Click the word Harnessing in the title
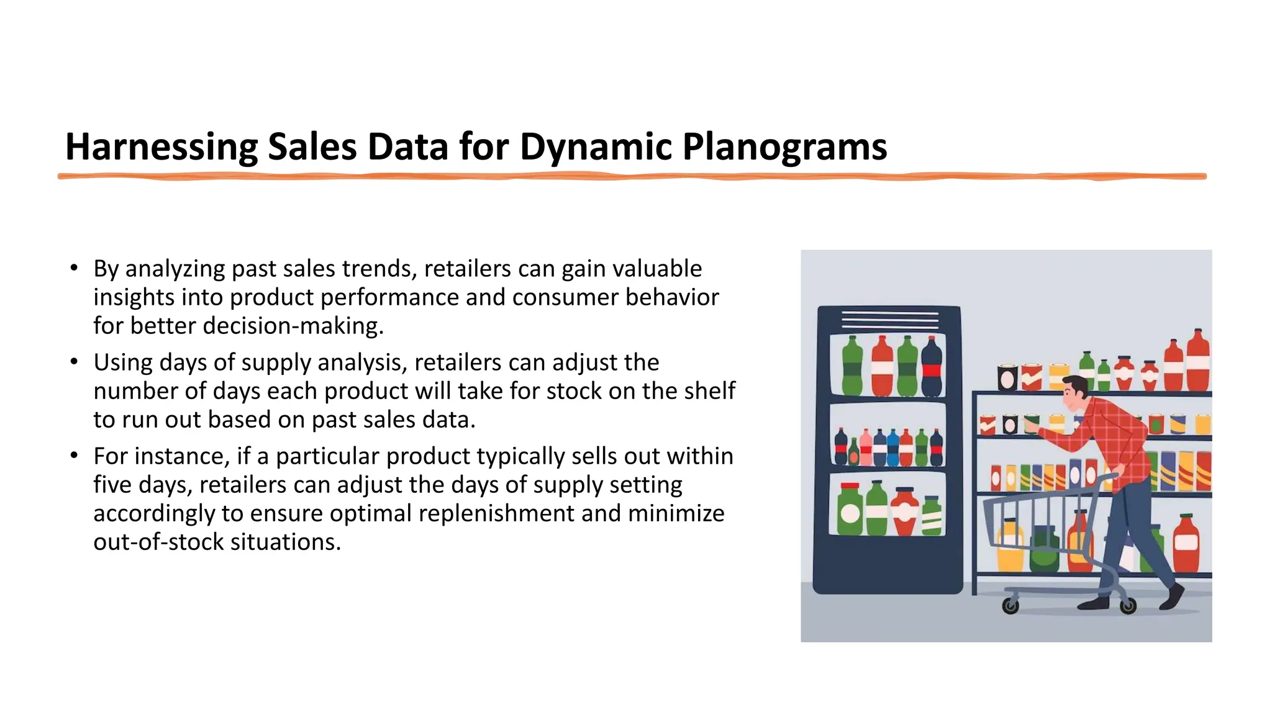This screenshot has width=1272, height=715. [161, 148]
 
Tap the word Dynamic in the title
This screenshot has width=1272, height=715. [596, 148]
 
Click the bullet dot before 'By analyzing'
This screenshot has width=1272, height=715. [74, 268]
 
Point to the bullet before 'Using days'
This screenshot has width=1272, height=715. [74, 362]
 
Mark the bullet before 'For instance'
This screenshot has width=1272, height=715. [74, 456]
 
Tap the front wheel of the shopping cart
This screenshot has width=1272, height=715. [1011, 605]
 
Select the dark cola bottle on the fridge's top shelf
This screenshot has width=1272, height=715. [932, 367]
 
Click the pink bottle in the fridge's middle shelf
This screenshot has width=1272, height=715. [865, 447]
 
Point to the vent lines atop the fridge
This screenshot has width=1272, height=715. [889, 320]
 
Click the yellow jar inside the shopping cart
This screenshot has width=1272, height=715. [1010, 546]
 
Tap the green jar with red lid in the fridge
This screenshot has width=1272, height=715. [850, 509]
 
